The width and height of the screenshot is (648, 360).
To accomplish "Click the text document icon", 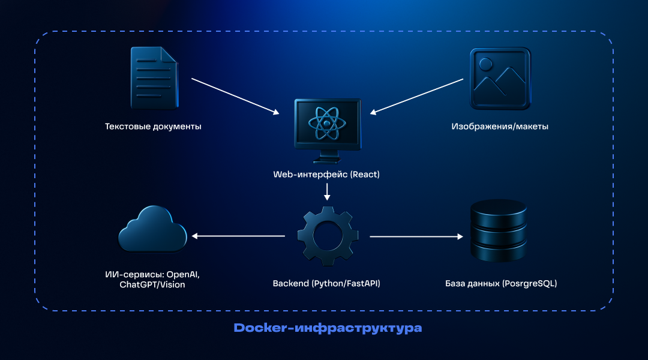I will coord(154,78).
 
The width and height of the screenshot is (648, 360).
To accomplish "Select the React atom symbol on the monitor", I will coord(327,124).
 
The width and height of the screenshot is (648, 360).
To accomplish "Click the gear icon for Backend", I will coord(327,236).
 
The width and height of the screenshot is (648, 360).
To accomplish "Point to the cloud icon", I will coord(152,230).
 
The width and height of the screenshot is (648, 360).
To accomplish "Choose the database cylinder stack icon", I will coord(498,230).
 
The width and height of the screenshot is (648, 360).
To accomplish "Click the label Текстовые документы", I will coord(153,127).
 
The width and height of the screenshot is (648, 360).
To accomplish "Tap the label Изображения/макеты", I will coord(500,127).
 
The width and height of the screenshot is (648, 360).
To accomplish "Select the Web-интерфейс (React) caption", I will coord(327,175).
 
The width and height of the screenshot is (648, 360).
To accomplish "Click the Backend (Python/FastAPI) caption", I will coord(327,283).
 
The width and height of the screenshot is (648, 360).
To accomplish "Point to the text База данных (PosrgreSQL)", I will coord(501,283).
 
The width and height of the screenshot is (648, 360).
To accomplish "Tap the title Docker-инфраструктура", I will coord(327,328).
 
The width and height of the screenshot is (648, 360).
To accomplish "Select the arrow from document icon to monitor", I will coord(235,96).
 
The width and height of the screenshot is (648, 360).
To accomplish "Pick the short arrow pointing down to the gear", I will coord(327,191).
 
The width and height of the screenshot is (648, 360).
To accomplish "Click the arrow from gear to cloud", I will coord(238,236).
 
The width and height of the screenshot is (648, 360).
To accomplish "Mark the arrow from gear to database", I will coord(417,237).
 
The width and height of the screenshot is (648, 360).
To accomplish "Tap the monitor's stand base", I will coord(327,160).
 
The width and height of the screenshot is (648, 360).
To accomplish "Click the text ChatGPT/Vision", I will coord(152,284).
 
